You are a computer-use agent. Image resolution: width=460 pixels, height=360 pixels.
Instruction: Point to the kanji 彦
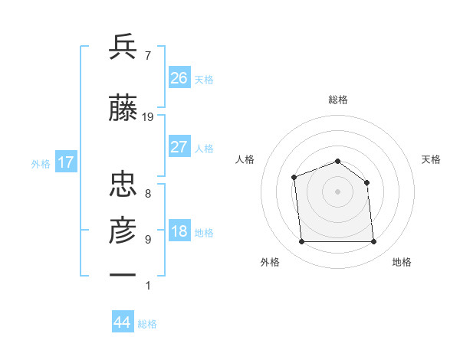pos(123,228)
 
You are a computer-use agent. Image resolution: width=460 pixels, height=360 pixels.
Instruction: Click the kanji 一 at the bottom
pos(123,273)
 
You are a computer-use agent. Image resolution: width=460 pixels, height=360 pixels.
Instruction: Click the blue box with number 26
pos(179,78)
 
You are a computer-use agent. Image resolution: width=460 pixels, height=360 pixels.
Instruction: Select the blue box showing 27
pos(179,147)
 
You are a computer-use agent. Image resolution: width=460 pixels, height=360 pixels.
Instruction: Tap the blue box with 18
pos(179,232)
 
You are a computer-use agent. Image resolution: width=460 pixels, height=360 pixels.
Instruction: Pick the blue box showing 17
pos(65,162)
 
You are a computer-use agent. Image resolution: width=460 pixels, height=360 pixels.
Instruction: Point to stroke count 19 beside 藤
pos(148,117)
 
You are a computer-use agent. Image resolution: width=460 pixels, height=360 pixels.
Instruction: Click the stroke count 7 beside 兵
pos(147,55)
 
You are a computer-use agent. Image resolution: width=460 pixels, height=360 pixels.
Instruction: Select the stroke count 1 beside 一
pos(147,286)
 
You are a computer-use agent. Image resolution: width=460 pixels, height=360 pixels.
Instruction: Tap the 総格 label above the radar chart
pos(337,100)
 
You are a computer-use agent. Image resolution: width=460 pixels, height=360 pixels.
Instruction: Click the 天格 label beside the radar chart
pos(432,159)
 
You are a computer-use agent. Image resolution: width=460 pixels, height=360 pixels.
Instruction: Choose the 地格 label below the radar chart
pos(402,262)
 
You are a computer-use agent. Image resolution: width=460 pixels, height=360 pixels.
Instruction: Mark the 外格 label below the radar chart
pos(270,262)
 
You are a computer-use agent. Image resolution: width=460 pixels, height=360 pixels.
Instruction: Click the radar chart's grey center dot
pos(337,191)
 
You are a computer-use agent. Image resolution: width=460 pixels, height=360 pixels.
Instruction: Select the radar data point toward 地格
pos(373,242)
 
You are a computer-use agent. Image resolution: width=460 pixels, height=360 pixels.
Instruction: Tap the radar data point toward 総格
pos(337,161)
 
